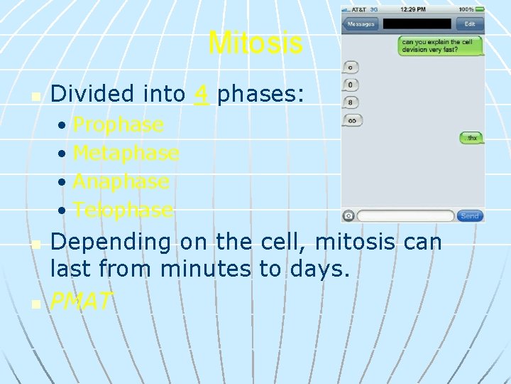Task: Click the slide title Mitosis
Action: pos(255,43)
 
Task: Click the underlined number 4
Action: pos(202,94)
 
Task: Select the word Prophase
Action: pos(118,125)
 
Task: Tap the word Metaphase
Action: pos(126,153)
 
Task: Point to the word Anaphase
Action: pos(121,181)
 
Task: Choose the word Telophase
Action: pos(123,210)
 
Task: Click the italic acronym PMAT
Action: pos(81,302)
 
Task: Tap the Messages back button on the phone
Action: pos(361,23)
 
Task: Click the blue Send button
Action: pos(470,215)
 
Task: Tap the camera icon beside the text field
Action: pos(348,215)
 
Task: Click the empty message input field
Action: pos(405,215)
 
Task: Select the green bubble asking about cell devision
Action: pos(440,46)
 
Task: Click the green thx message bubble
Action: pos(470,138)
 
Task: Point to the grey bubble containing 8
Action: pos(351,102)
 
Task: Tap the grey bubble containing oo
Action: pos(352,120)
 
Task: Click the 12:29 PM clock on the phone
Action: pos(412,10)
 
